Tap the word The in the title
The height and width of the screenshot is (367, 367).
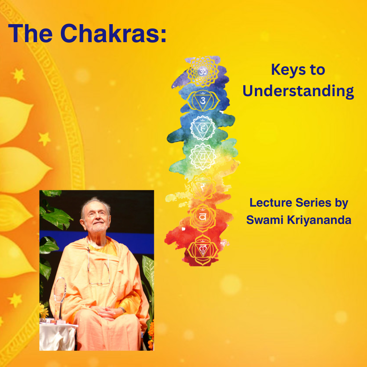click(31, 33)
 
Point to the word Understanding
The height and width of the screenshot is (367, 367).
click(298, 91)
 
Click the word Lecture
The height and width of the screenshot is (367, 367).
click(270, 203)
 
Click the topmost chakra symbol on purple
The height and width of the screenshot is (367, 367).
click(203, 72)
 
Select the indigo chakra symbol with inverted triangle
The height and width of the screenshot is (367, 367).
click(203, 100)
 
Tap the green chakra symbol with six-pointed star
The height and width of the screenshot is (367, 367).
click(203, 156)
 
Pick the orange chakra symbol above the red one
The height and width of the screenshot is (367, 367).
click(203, 216)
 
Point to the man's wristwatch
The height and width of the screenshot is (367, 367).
click(121, 310)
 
